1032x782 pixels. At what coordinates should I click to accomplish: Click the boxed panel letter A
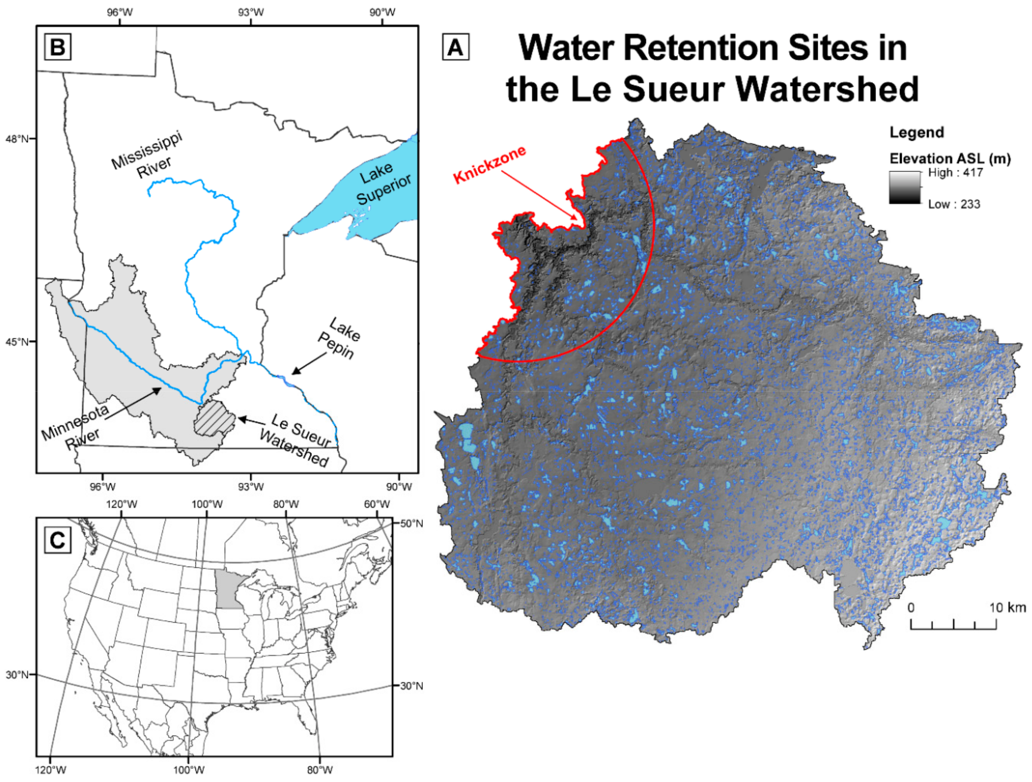(455, 47)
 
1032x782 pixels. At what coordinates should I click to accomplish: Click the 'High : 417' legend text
(955, 173)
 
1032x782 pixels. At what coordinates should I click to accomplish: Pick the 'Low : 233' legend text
(954, 204)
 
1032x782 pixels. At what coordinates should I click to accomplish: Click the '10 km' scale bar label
(1008, 608)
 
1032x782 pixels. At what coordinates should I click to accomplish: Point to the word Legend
(916, 133)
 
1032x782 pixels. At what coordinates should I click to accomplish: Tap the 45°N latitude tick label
(17, 342)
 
